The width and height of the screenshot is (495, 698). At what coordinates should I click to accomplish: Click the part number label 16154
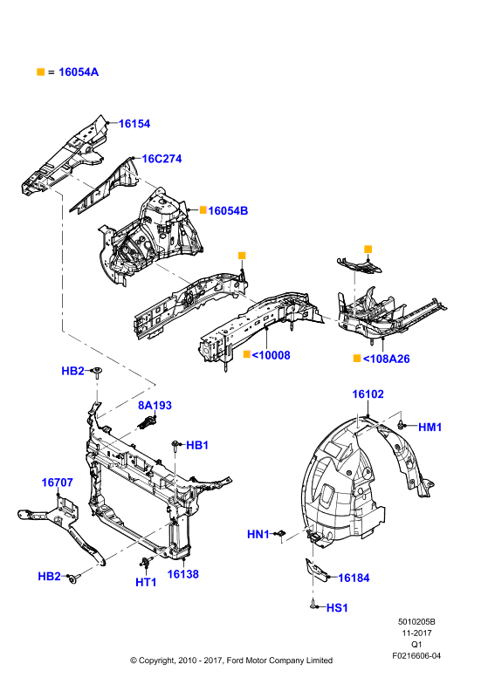pos(134,124)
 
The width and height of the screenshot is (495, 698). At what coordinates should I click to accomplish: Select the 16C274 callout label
pos(162,159)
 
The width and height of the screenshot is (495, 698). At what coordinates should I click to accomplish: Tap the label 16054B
pos(228,210)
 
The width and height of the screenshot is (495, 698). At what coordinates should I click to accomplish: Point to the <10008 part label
pos(271,355)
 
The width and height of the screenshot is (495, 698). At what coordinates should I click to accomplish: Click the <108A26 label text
pos(386,359)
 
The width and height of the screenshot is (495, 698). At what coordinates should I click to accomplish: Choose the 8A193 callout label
pos(155,405)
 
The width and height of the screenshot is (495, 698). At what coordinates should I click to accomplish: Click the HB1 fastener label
pos(197,445)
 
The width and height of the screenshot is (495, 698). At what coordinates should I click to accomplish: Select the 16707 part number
pos(57,482)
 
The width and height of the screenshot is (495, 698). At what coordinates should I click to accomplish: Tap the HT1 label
pos(146,582)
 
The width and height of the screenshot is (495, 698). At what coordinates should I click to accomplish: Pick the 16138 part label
pos(182,574)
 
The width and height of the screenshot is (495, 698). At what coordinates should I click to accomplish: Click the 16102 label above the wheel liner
pos(368,394)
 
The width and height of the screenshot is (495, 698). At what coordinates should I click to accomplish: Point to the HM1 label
pos(430,427)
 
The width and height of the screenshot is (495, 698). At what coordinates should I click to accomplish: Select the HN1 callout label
pos(258,534)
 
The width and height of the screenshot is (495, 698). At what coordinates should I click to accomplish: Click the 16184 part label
pos(354,578)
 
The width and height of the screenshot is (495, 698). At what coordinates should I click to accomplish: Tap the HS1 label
pos(337,607)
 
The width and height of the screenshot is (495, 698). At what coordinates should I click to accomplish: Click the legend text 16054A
pos(79,72)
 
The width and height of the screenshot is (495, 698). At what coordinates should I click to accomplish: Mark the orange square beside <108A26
pos(356,359)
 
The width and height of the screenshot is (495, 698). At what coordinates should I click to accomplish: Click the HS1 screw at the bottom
pos(313,606)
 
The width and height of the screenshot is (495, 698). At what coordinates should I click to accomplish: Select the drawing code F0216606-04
pos(416,655)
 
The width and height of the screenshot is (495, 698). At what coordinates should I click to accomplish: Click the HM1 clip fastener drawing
pos(401,424)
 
